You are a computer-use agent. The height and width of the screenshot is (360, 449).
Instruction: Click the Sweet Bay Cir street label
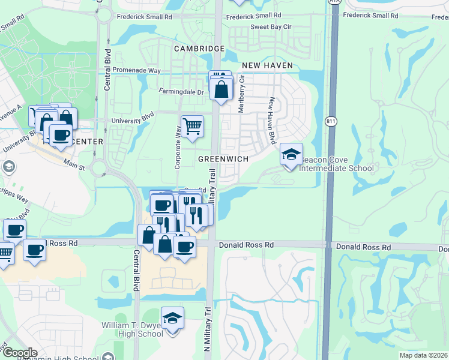coord(271,27)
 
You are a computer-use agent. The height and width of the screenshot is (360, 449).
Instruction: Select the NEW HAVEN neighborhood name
coord(267,65)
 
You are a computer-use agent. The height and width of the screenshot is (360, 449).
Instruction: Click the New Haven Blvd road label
coord(272,120)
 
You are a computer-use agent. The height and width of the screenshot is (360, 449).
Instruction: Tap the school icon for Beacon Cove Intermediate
coord(291,155)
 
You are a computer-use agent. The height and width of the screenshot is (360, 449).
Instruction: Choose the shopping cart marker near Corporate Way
coord(192,127)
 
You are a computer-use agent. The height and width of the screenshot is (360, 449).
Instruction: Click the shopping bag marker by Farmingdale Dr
coord(221,90)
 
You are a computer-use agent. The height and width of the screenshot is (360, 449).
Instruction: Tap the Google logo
coord(20,353)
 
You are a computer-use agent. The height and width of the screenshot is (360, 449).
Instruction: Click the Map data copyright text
coord(423,355)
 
